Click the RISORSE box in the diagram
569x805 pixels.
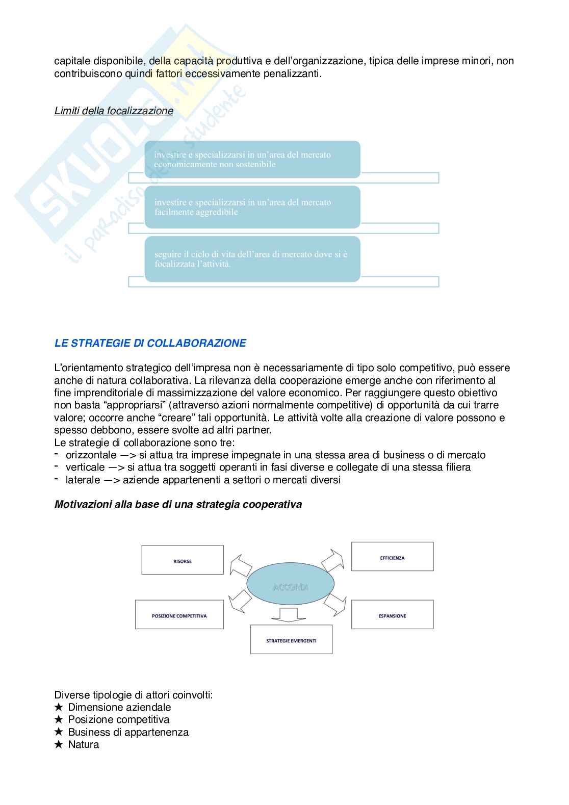pyautogui.click(x=182, y=561)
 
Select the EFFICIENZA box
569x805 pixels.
pyautogui.click(x=392, y=558)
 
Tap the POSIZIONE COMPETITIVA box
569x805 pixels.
pyautogui.click(x=179, y=615)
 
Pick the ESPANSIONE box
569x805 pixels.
pyautogui.click(x=392, y=615)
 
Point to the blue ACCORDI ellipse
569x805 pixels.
pyautogui.click(x=291, y=587)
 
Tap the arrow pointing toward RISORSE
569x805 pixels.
pyautogui.click(x=240, y=565)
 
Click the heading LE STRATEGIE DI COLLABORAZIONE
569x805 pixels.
pyautogui.click(x=150, y=343)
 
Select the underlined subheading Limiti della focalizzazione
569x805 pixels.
pyautogui.click(x=114, y=111)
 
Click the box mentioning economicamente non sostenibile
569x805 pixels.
pyautogui.click(x=252, y=160)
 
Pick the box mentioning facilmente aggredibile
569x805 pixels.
pyautogui.click(x=252, y=207)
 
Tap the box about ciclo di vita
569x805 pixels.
pyautogui.click(x=252, y=259)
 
